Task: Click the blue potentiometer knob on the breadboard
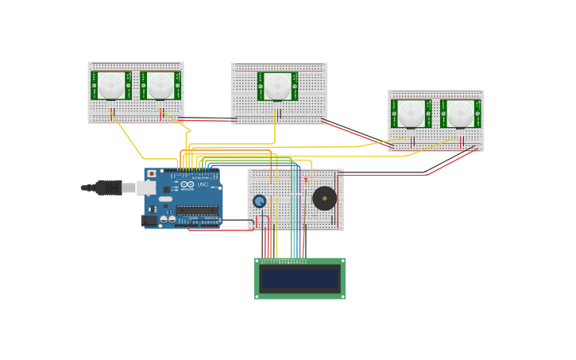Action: click(x=259, y=201)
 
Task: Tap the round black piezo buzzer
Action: click(x=323, y=198)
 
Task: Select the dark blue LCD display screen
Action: click(x=300, y=278)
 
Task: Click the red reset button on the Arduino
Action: click(x=151, y=173)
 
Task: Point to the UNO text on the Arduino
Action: click(x=202, y=184)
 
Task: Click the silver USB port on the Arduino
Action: click(x=146, y=188)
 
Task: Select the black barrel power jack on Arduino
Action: click(x=148, y=220)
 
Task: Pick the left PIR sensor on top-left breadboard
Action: click(x=111, y=85)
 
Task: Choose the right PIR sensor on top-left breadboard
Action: click(x=160, y=85)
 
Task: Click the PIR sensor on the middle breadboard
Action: click(x=277, y=86)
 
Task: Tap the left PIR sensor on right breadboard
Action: click(x=411, y=113)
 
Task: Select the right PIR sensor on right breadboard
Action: click(x=460, y=113)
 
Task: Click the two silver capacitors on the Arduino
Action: click(x=167, y=219)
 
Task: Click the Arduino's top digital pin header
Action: click(x=191, y=171)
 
